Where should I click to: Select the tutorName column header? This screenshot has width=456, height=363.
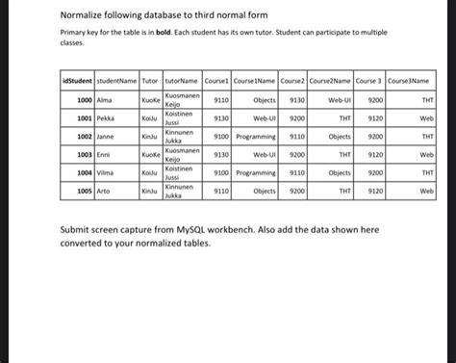click(x=182, y=81)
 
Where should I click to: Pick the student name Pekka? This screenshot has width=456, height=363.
click(x=105, y=117)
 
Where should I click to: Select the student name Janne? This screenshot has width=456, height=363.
click(x=105, y=137)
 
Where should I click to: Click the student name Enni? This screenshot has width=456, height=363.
click(x=103, y=154)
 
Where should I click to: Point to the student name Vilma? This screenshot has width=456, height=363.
click(x=105, y=172)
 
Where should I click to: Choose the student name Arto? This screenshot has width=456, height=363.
click(x=103, y=191)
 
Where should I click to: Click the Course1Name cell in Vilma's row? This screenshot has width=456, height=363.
click(x=256, y=172)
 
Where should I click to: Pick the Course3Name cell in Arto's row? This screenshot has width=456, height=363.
click(x=427, y=191)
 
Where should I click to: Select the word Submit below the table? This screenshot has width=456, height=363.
click(x=77, y=231)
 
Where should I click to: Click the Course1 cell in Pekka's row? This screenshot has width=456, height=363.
click(x=220, y=117)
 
